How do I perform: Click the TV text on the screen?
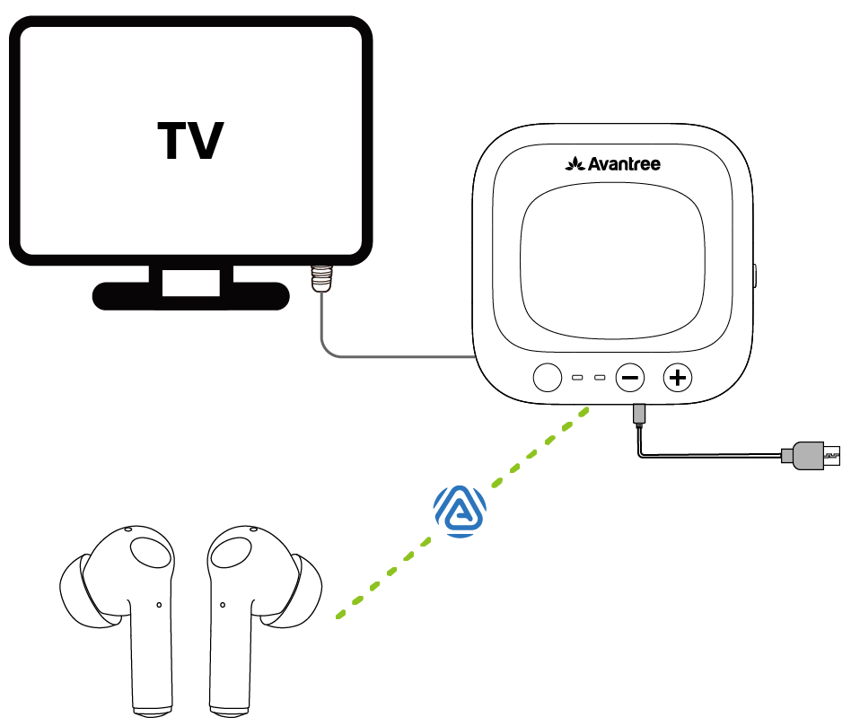pos(190,141)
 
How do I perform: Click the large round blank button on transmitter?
pos(547,377)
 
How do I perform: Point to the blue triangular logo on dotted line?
pos(460,512)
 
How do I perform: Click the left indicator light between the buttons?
pos(579,377)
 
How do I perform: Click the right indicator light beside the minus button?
pos(600,377)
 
